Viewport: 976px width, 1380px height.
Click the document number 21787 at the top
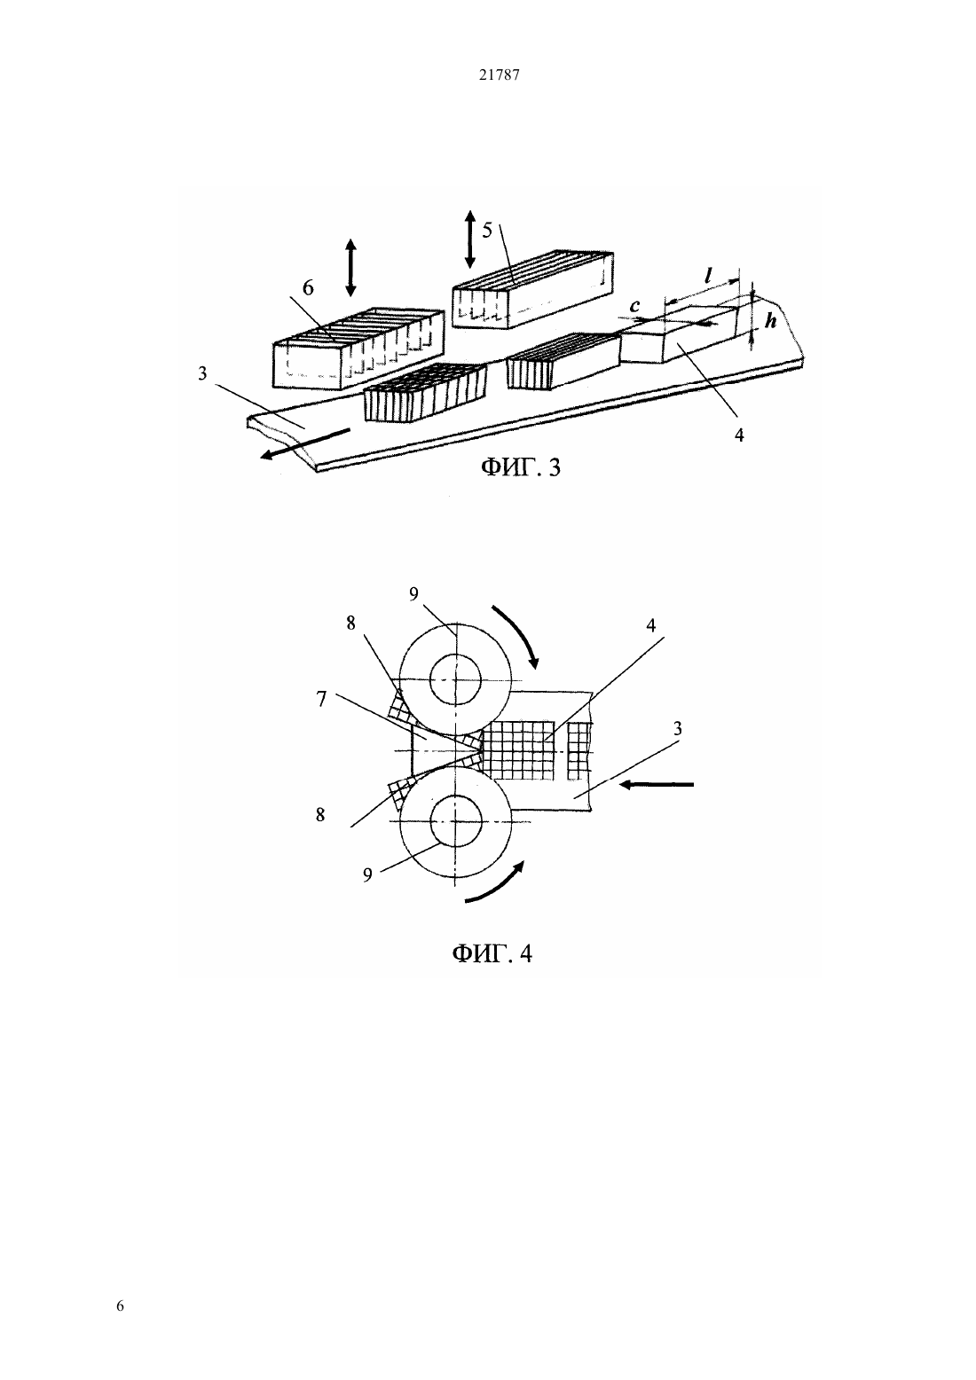pyautogui.click(x=499, y=75)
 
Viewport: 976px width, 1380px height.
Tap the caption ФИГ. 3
pyautogui.click(x=521, y=467)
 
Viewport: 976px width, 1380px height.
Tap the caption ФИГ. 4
pyautogui.click(x=492, y=953)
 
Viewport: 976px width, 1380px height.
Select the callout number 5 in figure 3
pyautogui.click(x=487, y=231)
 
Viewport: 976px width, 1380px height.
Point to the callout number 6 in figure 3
pyautogui.click(x=308, y=287)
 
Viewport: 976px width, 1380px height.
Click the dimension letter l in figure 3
pyautogui.click(x=708, y=275)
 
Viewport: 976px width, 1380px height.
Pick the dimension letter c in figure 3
pyautogui.click(x=634, y=305)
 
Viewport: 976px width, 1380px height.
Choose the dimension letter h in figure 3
pyautogui.click(x=770, y=320)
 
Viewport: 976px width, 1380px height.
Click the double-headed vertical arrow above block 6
pyautogui.click(x=350, y=267)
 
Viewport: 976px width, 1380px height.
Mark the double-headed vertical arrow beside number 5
pyautogui.click(x=469, y=239)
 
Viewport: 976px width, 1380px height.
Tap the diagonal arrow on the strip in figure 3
pyautogui.click(x=305, y=443)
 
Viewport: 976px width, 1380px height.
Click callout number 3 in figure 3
pyautogui.click(x=202, y=374)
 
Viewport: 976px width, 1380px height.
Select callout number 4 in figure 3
pyautogui.click(x=739, y=435)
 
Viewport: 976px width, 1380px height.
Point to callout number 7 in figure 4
pyautogui.click(x=321, y=700)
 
